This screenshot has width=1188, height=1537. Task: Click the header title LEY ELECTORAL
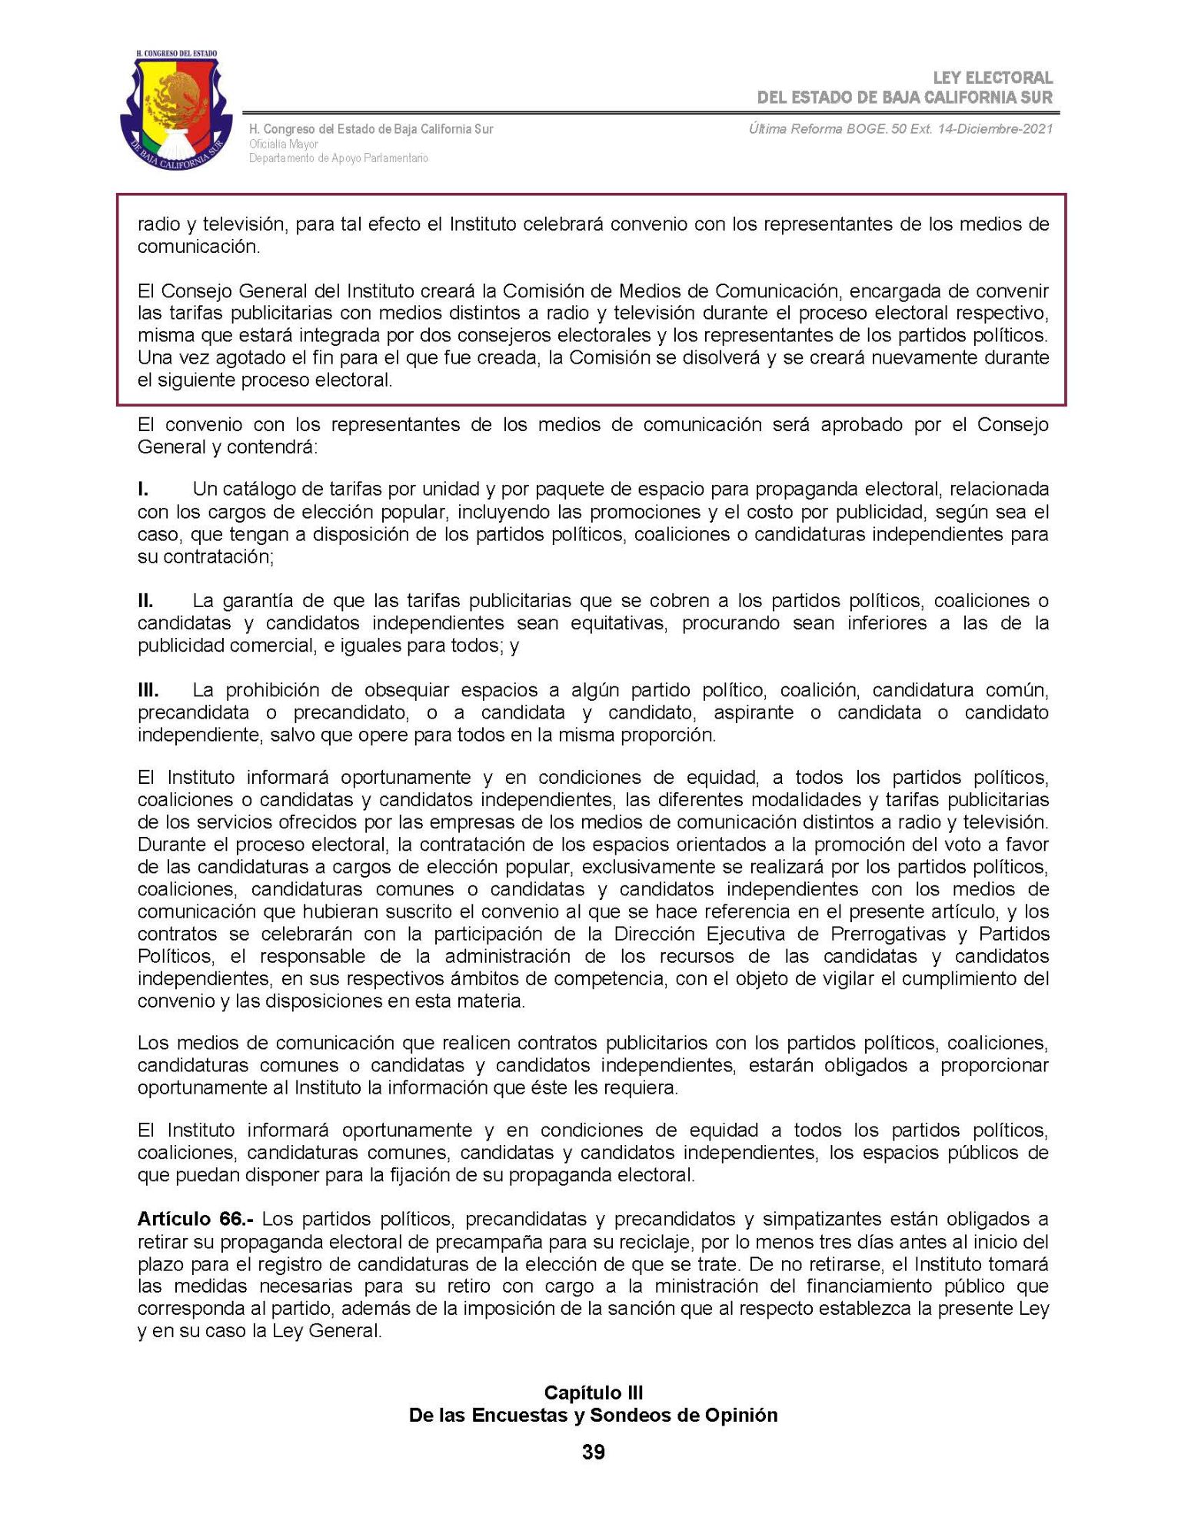[x=992, y=78]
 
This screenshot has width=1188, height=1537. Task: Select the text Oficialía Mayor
[x=283, y=144]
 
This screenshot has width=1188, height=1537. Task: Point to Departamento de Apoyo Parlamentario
[x=338, y=158]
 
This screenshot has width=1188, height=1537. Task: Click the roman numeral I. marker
[x=143, y=489]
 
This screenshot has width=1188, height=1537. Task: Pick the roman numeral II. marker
[x=145, y=600]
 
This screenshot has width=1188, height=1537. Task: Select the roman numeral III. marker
[x=148, y=690]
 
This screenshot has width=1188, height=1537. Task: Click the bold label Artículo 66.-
[x=195, y=1220]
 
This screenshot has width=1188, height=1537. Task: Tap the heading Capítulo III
[x=593, y=1393]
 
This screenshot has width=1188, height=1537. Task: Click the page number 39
[x=593, y=1452]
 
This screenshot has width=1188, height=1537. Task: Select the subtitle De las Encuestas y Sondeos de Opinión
[x=593, y=1415]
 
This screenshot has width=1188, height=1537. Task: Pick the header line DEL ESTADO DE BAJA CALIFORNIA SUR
[x=904, y=98]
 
